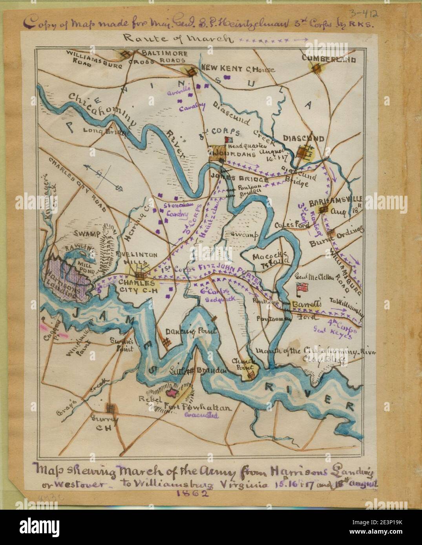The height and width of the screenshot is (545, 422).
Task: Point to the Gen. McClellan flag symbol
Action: click(x=303, y=287)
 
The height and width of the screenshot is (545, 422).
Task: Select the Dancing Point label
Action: click(x=191, y=331)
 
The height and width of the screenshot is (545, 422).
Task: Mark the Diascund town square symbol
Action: click(x=304, y=152)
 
